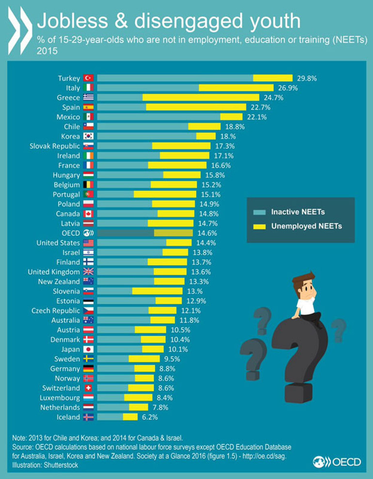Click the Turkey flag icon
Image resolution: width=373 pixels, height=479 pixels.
[88, 78]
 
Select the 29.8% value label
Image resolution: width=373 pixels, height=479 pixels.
[308, 78]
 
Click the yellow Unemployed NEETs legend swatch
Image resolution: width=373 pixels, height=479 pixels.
[260, 226]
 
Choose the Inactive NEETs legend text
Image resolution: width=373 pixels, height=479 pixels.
[297, 212]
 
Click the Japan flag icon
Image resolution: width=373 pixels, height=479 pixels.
[88, 349]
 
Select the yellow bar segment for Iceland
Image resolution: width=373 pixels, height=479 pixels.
[130, 417]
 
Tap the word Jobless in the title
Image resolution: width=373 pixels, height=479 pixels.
[72, 21]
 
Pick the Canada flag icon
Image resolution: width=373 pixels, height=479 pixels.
[88, 214]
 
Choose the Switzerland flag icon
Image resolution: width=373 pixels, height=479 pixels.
[88, 388]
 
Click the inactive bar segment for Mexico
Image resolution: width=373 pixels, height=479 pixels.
[158, 117]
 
